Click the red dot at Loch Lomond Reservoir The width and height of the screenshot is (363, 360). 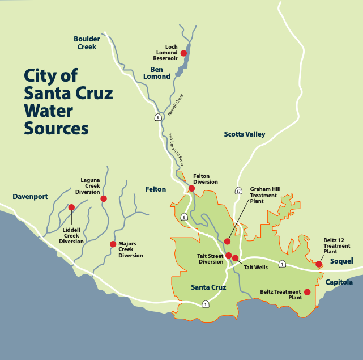point(183,53)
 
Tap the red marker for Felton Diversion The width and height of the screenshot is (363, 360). point(192,188)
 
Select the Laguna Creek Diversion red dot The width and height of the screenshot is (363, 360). point(104,198)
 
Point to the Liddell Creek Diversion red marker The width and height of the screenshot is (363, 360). point(71,207)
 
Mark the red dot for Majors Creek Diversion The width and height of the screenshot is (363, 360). point(113,244)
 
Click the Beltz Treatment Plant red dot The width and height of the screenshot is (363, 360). point(307,292)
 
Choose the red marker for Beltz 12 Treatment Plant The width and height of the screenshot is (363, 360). point(319,264)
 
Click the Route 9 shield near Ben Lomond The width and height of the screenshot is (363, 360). point(159,117)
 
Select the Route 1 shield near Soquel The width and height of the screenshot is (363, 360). point(282,264)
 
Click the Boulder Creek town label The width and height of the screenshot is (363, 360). point(87,43)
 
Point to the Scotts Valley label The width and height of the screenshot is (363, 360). point(245,134)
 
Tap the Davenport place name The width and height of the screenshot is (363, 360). point(30,197)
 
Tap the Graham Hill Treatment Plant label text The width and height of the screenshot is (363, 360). point(266,195)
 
